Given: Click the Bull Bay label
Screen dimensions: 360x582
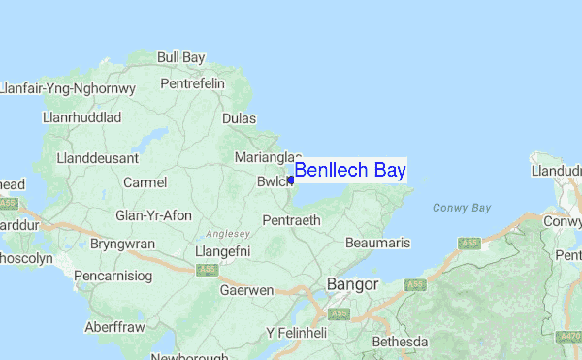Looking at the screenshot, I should pyautogui.click(x=181, y=57).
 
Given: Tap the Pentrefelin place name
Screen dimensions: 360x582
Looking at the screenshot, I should pyautogui.click(x=192, y=83).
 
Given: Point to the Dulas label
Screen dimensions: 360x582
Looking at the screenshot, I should pyautogui.click(x=239, y=117).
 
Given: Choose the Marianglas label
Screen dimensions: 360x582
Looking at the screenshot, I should pyautogui.click(x=264, y=156).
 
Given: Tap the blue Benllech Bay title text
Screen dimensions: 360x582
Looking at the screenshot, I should pyautogui.click(x=350, y=171).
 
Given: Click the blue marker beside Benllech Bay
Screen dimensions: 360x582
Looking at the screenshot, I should pyautogui.click(x=290, y=180).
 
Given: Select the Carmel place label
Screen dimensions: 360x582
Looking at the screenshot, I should pyautogui.click(x=145, y=182).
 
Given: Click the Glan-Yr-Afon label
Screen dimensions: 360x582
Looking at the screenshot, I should pyautogui.click(x=153, y=215).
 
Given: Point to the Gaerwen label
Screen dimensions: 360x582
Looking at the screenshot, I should pyautogui.click(x=247, y=290).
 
